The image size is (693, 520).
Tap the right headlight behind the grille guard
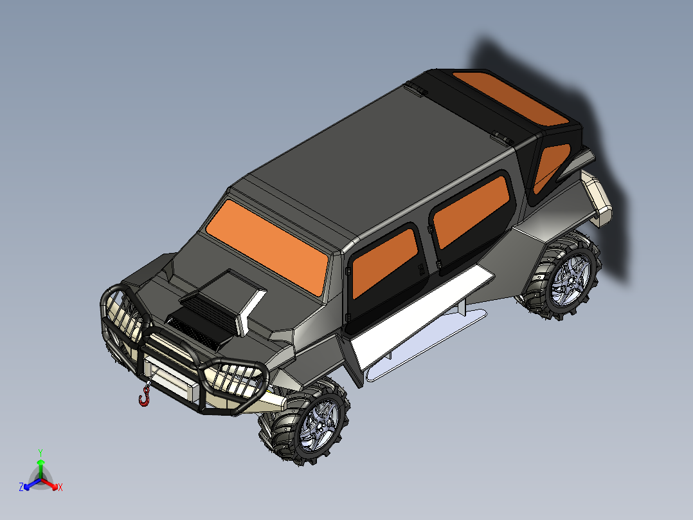pyautogui.click(x=233, y=379)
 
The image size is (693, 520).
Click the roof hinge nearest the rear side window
pyautogui.click(x=501, y=137)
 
